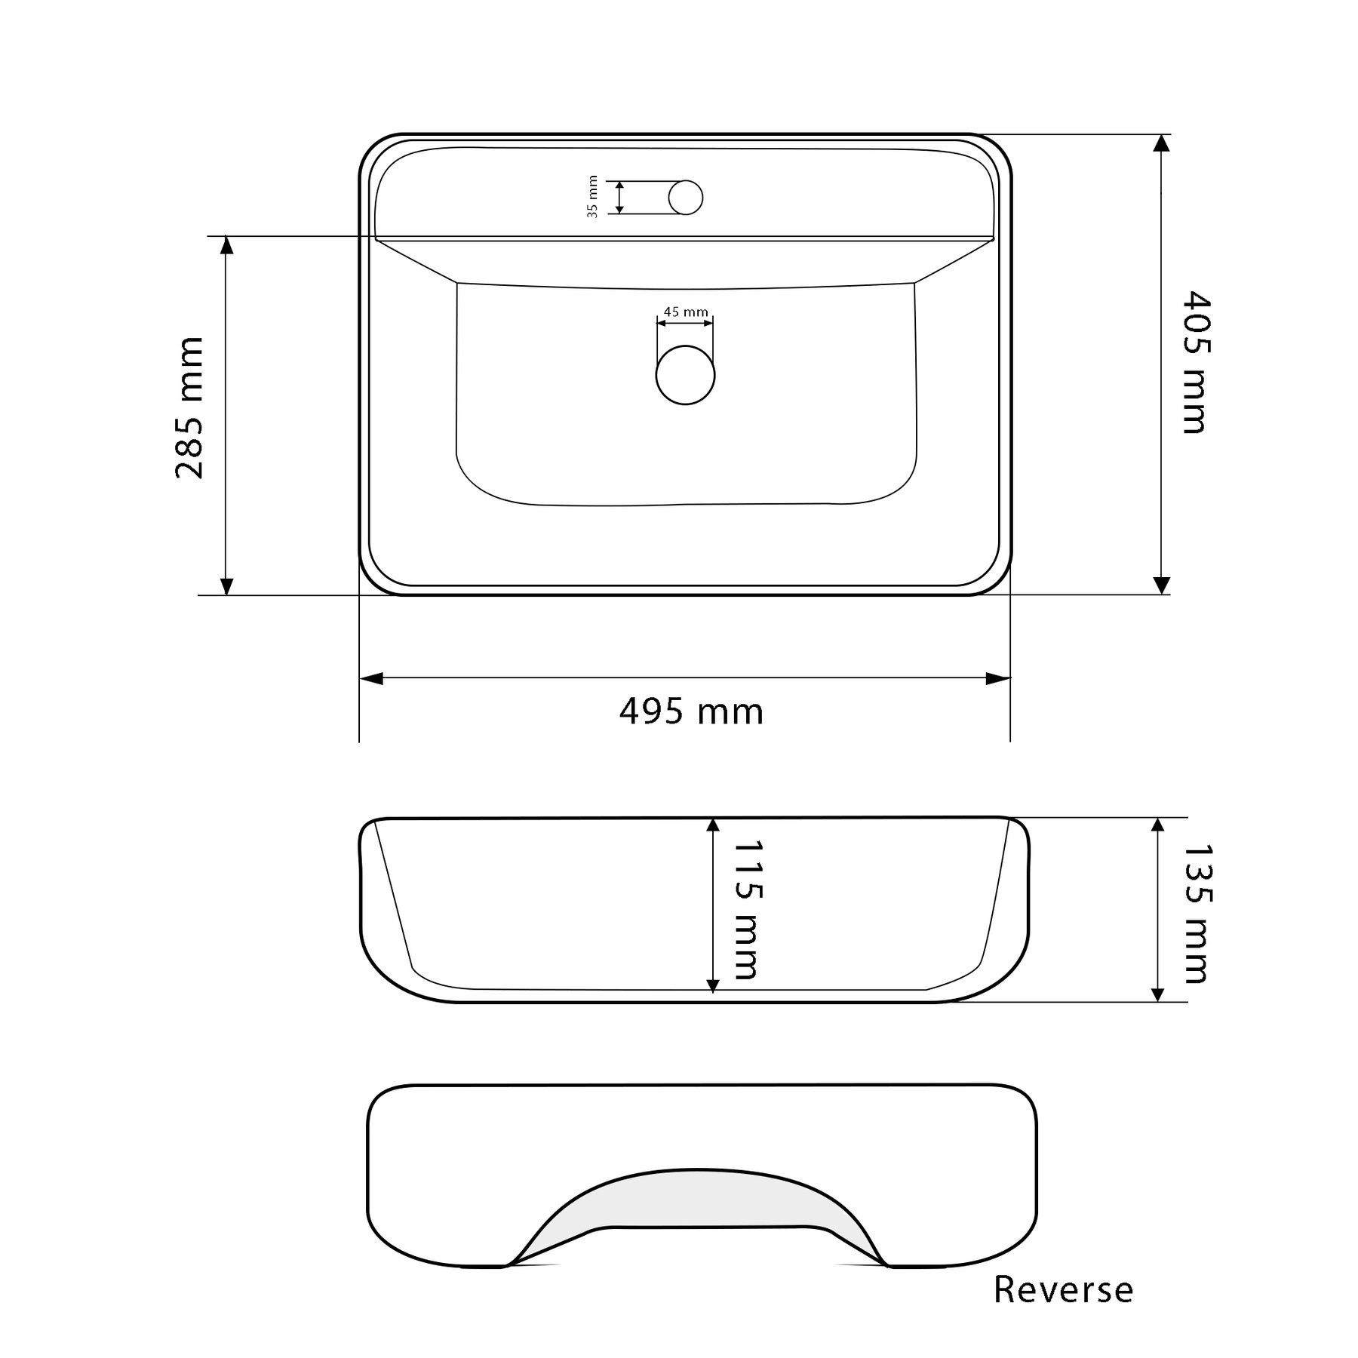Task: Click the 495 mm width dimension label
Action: pyautogui.click(x=692, y=711)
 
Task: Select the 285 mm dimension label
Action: pyautogui.click(x=189, y=408)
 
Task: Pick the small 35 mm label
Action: pyautogui.click(x=593, y=197)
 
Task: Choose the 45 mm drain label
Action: pyautogui.click(x=686, y=312)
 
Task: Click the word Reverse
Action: pyautogui.click(x=1063, y=1290)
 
